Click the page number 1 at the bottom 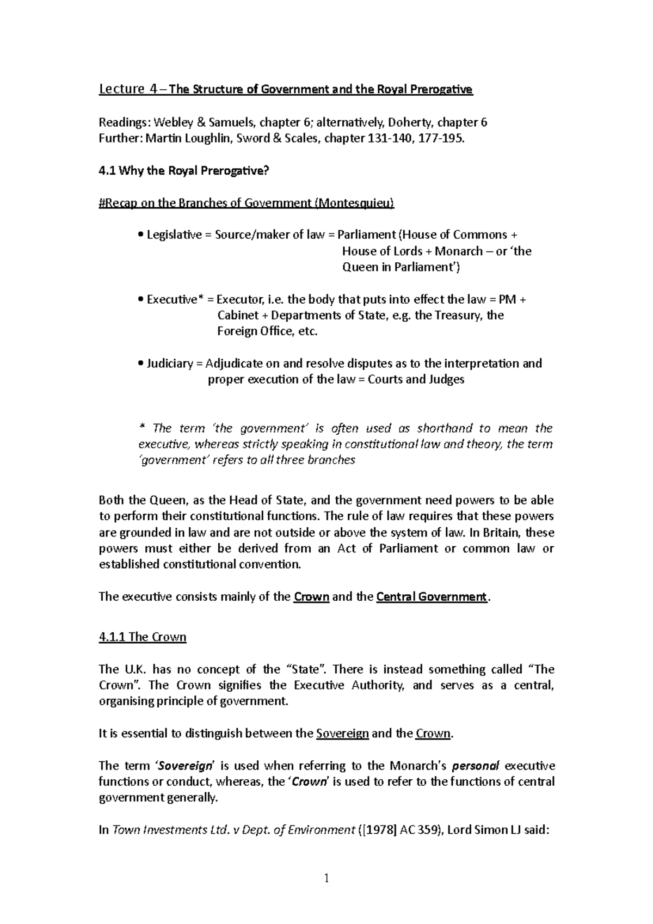pos(326,878)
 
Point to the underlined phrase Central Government pos(431,597)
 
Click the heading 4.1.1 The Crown pos(143,637)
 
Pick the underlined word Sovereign pos(342,734)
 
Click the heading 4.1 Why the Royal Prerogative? pos(184,171)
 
